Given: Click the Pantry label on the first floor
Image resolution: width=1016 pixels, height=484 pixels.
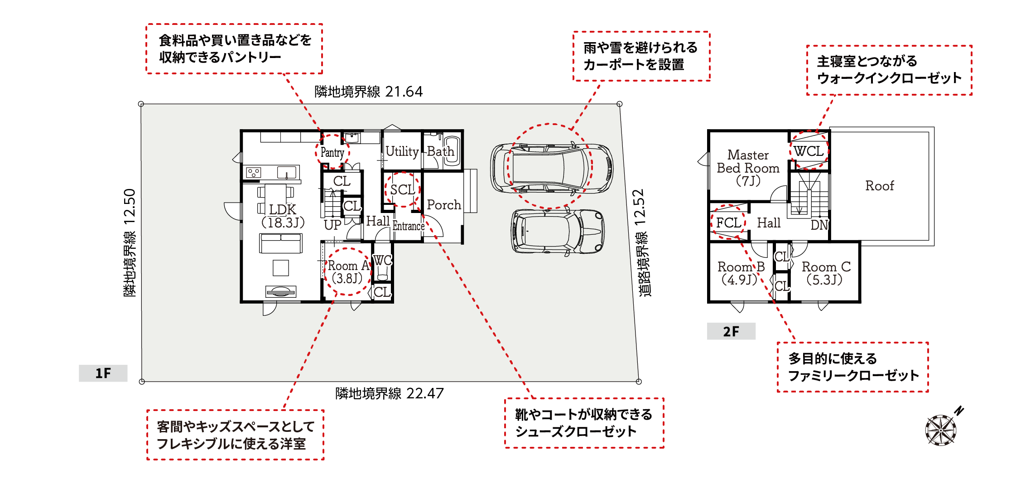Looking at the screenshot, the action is pyautogui.click(x=332, y=153).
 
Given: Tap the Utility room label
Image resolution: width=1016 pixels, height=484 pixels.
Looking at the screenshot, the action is pyautogui.click(x=402, y=151).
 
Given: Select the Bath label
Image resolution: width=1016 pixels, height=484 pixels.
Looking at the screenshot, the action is pyautogui.click(x=440, y=151).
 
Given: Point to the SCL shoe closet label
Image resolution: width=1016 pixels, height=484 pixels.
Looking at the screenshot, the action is pyautogui.click(x=403, y=189).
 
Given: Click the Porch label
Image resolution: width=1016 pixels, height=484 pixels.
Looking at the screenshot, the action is pyautogui.click(x=444, y=205).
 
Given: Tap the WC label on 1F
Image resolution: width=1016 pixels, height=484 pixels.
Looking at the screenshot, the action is pyautogui.click(x=382, y=261).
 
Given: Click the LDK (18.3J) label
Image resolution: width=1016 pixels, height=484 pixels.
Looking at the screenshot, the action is pyautogui.click(x=283, y=216).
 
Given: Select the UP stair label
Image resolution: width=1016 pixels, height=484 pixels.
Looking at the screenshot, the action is pyautogui.click(x=332, y=225).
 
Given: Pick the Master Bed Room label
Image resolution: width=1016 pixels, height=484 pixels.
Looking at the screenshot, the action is pyautogui.click(x=748, y=168).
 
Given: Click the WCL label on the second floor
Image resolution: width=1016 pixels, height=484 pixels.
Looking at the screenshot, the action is pyautogui.click(x=809, y=151).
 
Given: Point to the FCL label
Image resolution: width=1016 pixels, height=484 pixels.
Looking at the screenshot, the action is pyautogui.click(x=728, y=223).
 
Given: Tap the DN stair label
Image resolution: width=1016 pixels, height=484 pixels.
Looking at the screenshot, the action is pyautogui.click(x=819, y=225).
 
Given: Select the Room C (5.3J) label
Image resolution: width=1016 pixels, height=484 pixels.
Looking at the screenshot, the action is pyautogui.click(x=826, y=273).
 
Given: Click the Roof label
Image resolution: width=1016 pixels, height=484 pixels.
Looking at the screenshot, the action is pyautogui.click(x=880, y=186).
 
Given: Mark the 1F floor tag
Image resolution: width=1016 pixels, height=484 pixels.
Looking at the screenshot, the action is pyautogui.click(x=103, y=373).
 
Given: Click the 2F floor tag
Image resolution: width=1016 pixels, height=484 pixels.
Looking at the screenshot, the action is pyautogui.click(x=731, y=331).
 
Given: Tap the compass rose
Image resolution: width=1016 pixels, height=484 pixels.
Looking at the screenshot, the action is pyautogui.click(x=941, y=430).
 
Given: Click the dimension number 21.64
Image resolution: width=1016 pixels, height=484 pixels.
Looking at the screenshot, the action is pyautogui.click(x=404, y=92).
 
